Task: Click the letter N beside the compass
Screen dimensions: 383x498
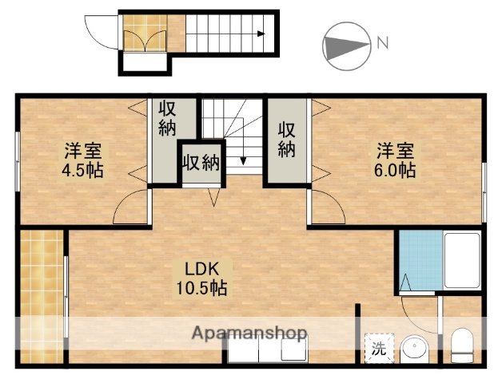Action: [382, 42]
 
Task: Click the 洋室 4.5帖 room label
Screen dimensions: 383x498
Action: [83, 160]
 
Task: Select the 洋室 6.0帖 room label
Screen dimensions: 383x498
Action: [396, 160]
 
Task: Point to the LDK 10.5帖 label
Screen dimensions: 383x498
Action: [201, 277]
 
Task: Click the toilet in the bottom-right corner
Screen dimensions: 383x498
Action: [463, 345]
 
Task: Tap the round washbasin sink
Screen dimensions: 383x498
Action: [415, 349]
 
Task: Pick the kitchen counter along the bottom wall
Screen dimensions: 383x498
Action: [265, 349]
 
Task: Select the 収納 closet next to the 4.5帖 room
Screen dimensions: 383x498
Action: [166, 118]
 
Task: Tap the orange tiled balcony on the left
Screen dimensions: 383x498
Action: [41, 295]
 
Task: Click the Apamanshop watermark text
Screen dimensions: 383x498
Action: [249, 331]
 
